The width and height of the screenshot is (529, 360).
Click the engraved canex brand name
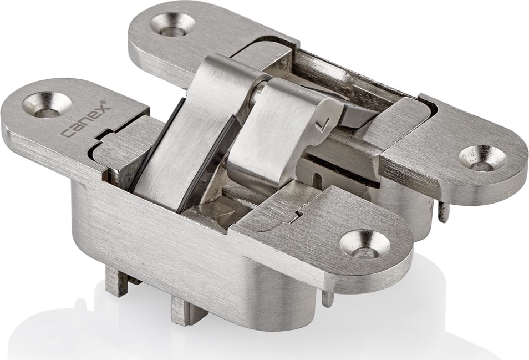coord(86,120)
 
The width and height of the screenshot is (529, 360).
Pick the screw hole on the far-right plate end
coord(483,158)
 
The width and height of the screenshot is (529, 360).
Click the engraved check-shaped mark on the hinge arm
coord(319,127)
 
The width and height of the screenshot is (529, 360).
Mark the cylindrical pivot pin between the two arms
coord(259,88)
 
